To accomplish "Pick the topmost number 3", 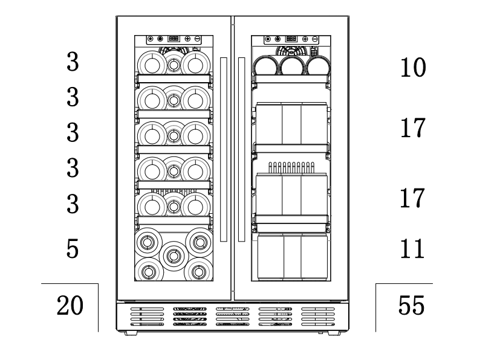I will pos(73,63).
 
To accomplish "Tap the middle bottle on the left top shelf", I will pos(174,63).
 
